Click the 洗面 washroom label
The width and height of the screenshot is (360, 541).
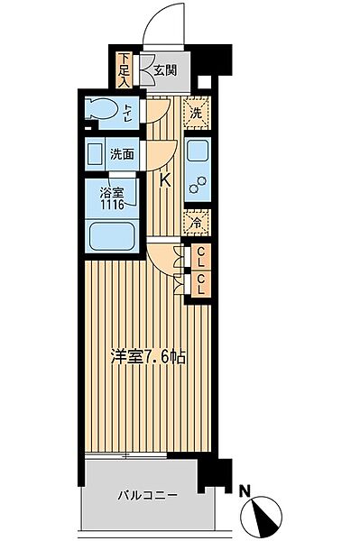pyautogui.click(x=122, y=154)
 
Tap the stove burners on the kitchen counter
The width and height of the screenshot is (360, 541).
pyautogui.click(x=198, y=186)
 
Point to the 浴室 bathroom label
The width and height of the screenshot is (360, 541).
pyautogui.click(x=112, y=192)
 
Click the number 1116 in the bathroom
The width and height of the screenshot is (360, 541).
pyautogui.click(x=112, y=205)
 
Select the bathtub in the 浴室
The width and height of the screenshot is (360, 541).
pyautogui.click(x=113, y=237)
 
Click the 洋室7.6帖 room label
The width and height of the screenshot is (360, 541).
pyautogui.click(x=150, y=357)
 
